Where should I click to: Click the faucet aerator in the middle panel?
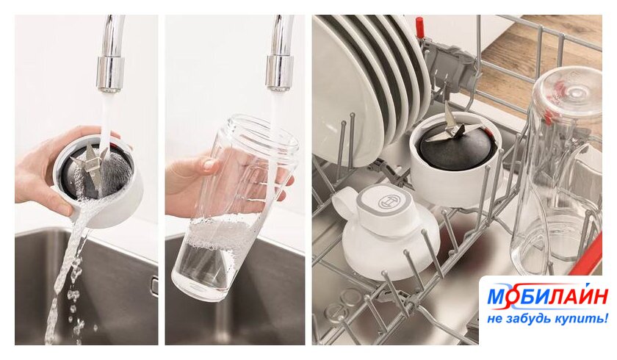(279, 73)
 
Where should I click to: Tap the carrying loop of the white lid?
(343, 200)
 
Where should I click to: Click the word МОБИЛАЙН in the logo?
(547, 296)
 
